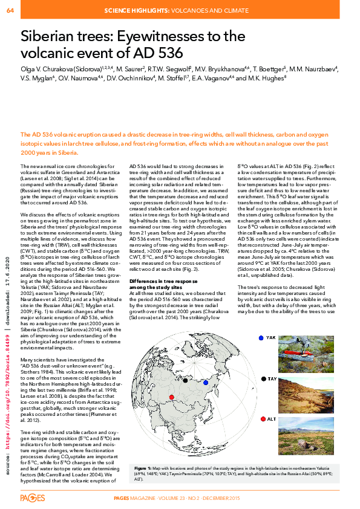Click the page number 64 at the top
10,10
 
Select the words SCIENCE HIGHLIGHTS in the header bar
141,10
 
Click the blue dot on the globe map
205,366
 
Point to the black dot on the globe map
185,364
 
